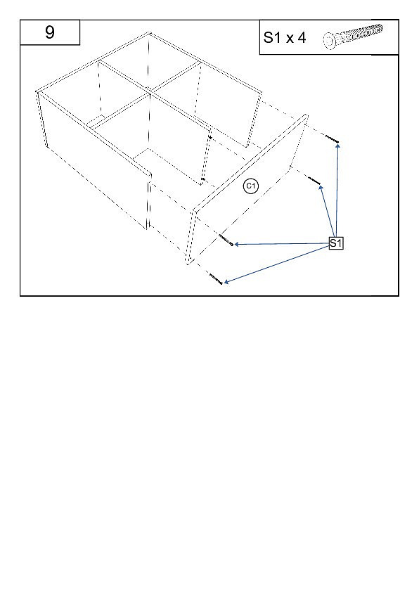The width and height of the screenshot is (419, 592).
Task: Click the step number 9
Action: (50, 32)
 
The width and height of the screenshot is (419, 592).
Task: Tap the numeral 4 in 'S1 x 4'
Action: (301, 38)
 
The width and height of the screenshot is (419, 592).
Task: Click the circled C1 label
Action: (251, 186)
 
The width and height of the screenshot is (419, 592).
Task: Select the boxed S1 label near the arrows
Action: (335, 243)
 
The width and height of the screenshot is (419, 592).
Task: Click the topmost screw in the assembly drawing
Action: (332, 139)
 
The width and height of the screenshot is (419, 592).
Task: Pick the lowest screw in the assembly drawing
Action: (216, 279)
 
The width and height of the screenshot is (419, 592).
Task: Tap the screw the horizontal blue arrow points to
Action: (226, 240)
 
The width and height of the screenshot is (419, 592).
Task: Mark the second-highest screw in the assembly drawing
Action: (314, 180)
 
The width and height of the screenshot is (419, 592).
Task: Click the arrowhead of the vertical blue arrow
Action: (338, 146)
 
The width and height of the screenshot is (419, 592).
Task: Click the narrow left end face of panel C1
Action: (191, 237)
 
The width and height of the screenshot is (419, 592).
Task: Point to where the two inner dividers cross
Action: (150, 91)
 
